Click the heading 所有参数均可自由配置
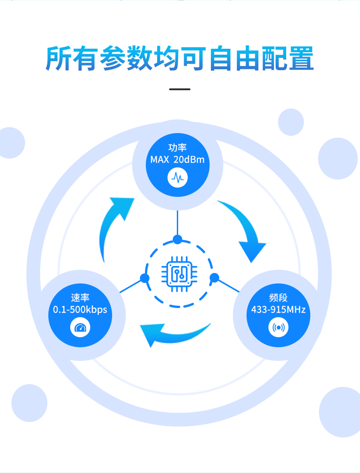180,58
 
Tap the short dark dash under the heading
180,89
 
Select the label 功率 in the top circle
177,148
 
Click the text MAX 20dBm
177,159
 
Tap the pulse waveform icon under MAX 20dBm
177,177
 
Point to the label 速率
80,298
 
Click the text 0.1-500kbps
80,309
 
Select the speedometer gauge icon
80,328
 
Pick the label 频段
278,298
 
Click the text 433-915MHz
278,309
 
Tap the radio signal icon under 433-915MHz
278,328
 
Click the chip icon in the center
179,274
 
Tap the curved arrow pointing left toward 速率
172,334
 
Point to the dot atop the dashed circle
177,240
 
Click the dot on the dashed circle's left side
144,278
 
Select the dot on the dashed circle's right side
214,278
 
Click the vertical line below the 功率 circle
177,223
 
